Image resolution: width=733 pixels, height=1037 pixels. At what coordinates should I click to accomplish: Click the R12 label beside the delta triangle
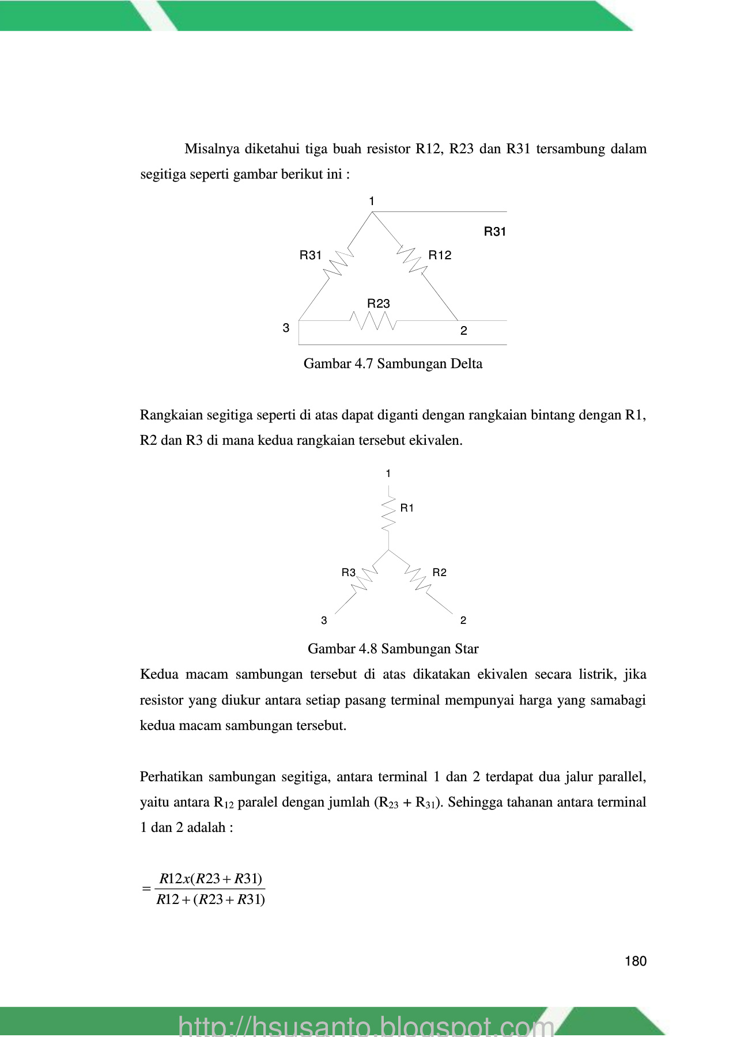coord(440,255)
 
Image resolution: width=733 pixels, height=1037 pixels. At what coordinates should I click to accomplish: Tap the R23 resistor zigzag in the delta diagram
coord(373,321)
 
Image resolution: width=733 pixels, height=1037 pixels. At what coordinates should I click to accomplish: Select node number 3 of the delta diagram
coord(286,328)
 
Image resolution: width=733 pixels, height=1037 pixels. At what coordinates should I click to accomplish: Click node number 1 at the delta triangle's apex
coord(372,201)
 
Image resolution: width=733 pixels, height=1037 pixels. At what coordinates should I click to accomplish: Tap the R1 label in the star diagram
coord(407,508)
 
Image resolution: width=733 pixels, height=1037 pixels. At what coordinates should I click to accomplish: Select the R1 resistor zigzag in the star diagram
coord(389,514)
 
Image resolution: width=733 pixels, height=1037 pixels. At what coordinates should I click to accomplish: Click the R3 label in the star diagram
coord(348,573)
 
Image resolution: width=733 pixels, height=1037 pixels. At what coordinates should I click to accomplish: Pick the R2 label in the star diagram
coord(439,573)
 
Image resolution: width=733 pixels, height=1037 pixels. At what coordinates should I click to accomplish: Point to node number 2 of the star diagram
coord(463,620)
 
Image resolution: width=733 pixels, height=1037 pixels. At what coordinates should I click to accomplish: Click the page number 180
coord(635,961)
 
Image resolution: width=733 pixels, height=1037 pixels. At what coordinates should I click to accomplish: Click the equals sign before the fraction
coord(146,889)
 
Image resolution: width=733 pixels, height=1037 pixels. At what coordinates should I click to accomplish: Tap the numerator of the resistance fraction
coord(211,879)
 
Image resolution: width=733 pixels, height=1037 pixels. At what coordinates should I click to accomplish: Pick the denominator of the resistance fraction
coord(211,900)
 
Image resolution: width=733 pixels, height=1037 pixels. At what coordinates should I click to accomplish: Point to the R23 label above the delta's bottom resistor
coord(379,304)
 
